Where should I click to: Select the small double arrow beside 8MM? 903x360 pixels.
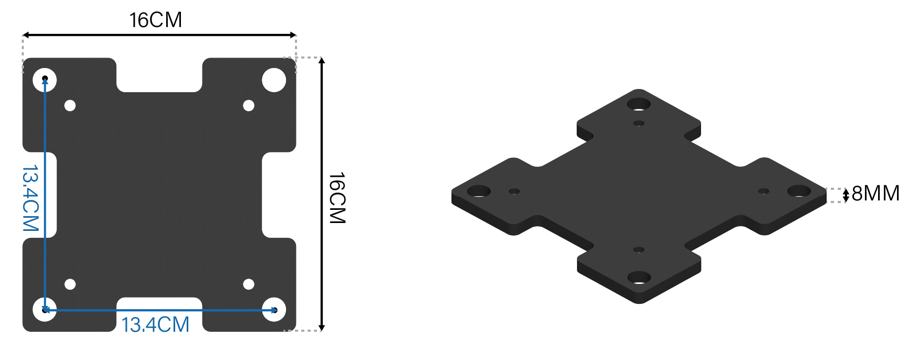[844, 194]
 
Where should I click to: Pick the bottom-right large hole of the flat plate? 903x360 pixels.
[273, 309]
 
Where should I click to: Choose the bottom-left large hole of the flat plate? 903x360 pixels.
[45, 309]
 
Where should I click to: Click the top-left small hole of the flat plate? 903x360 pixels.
[70, 105]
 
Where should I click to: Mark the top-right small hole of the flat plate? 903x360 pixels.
[249, 105]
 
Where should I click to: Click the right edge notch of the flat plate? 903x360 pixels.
[280, 194]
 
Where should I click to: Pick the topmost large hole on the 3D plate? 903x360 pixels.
[638, 103]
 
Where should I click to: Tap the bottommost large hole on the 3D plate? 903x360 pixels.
[637, 277]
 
